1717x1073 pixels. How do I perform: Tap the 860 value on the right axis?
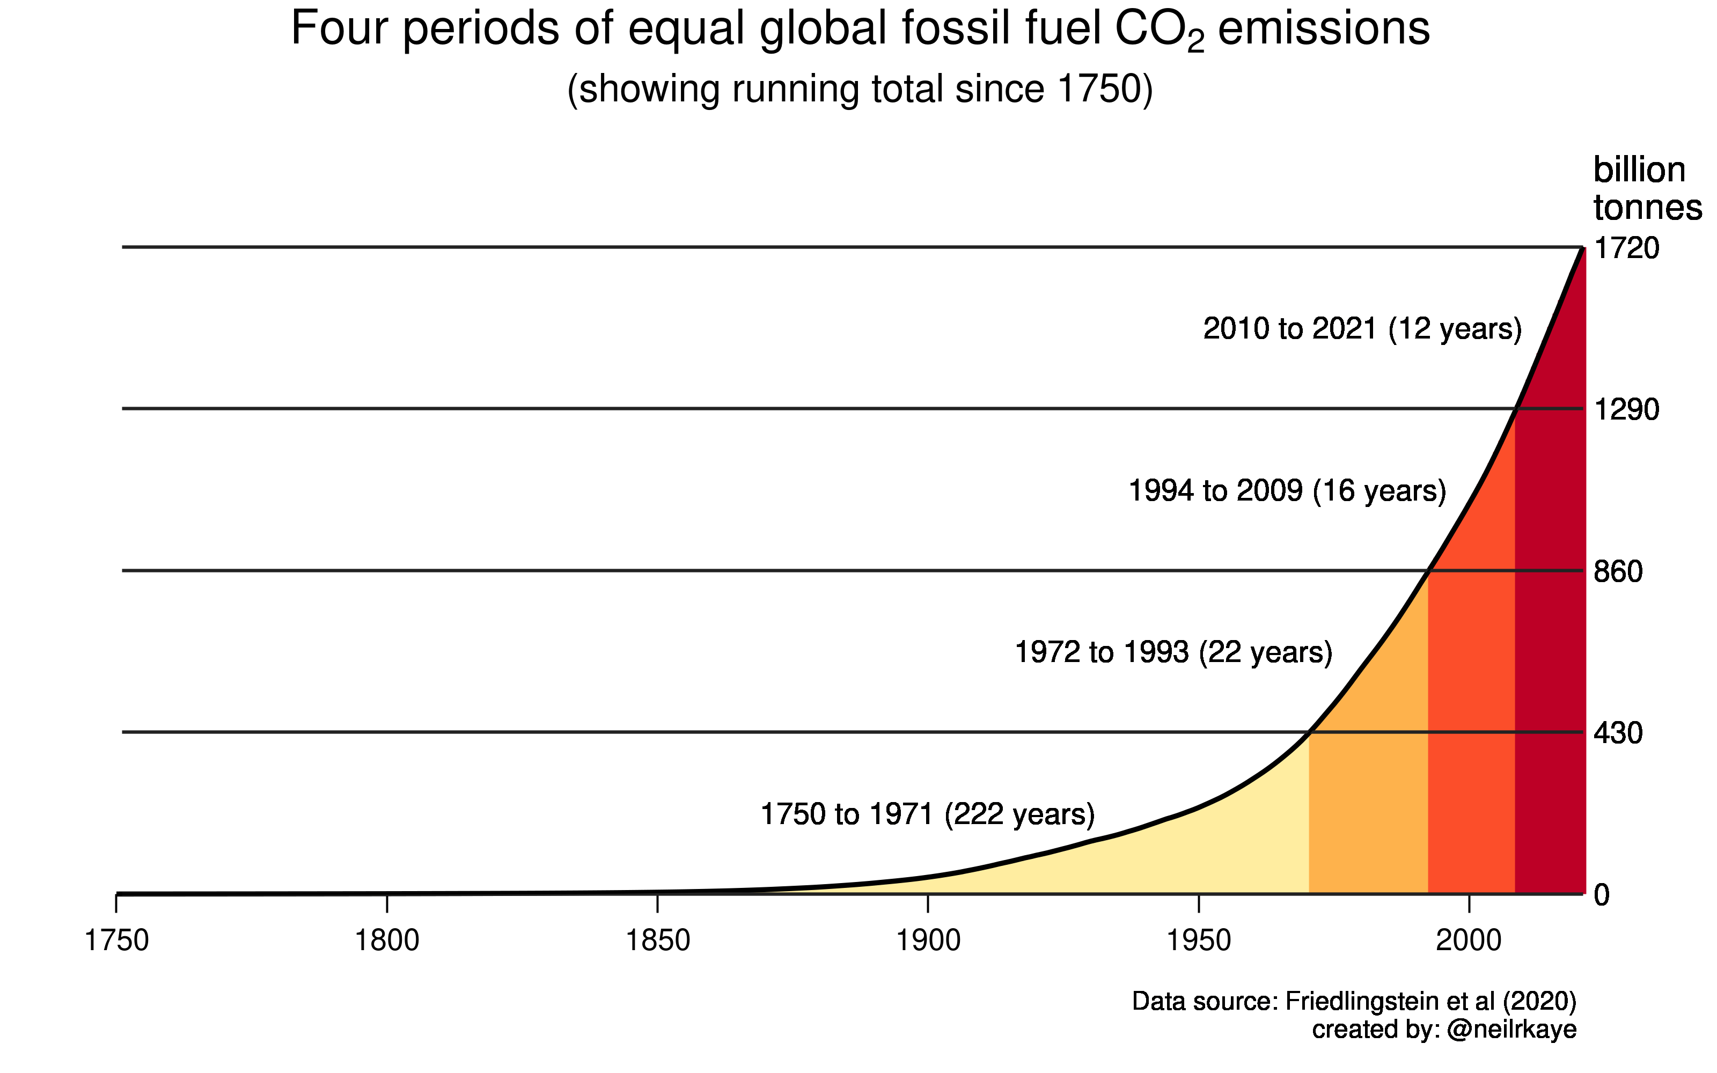pos(1618,571)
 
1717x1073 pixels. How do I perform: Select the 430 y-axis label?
pos(1618,733)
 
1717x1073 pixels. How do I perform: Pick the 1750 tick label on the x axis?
pos(116,941)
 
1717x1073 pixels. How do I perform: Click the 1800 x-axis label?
pos(387,941)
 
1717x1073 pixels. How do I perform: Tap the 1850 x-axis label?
pos(658,941)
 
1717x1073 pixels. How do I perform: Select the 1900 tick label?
pos(928,941)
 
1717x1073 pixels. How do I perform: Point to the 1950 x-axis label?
pos(1198,941)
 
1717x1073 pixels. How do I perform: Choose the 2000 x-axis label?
pos(1469,941)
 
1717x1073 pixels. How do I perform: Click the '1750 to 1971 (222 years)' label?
pos(927,814)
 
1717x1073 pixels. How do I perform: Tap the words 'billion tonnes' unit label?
pos(1646,189)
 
